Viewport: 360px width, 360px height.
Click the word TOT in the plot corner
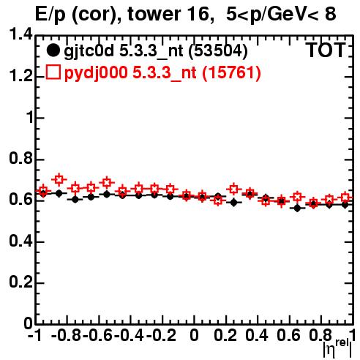click(326, 50)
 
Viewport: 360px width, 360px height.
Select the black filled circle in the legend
click(53, 50)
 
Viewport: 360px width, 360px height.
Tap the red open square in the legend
click(53, 72)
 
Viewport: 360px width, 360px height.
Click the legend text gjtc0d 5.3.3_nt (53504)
click(156, 51)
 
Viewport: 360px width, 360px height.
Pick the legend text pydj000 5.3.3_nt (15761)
click(162, 72)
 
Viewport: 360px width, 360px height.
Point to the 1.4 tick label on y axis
click(21, 34)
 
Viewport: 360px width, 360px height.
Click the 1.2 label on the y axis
click(21, 76)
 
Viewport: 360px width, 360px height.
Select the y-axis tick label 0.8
click(21, 159)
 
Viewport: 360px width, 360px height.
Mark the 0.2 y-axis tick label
click(21, 282)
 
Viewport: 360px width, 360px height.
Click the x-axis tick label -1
click(35, 335)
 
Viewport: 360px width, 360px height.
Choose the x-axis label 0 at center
click(194, 335)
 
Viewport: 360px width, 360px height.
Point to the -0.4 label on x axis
click(129, 335)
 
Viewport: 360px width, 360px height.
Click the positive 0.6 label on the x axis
click(288, 335)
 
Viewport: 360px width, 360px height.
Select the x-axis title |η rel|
click(337, 348)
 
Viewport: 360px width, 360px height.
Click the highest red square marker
click(59, 180)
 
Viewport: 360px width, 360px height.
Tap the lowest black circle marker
click(297, 208)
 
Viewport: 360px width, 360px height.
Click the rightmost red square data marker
click(345, 197)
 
